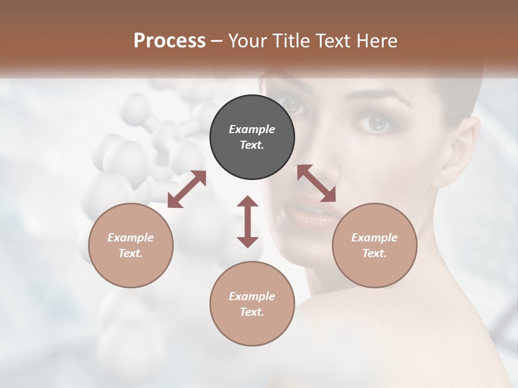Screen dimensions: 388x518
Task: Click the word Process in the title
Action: tap(169, 41)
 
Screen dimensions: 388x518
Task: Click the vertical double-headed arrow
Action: tap(248, 221)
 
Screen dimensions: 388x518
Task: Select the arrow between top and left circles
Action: tap(187, 189)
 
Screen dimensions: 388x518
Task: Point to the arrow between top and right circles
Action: tap(316, 183)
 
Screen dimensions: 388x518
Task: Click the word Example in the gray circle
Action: tap(252, 129)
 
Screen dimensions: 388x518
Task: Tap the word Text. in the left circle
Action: tap(131, 253)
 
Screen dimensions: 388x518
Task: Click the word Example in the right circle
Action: tap(374, 238)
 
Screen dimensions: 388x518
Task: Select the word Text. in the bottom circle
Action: tap(252, 312)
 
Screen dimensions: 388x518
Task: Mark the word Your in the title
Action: tap(246, 41)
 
